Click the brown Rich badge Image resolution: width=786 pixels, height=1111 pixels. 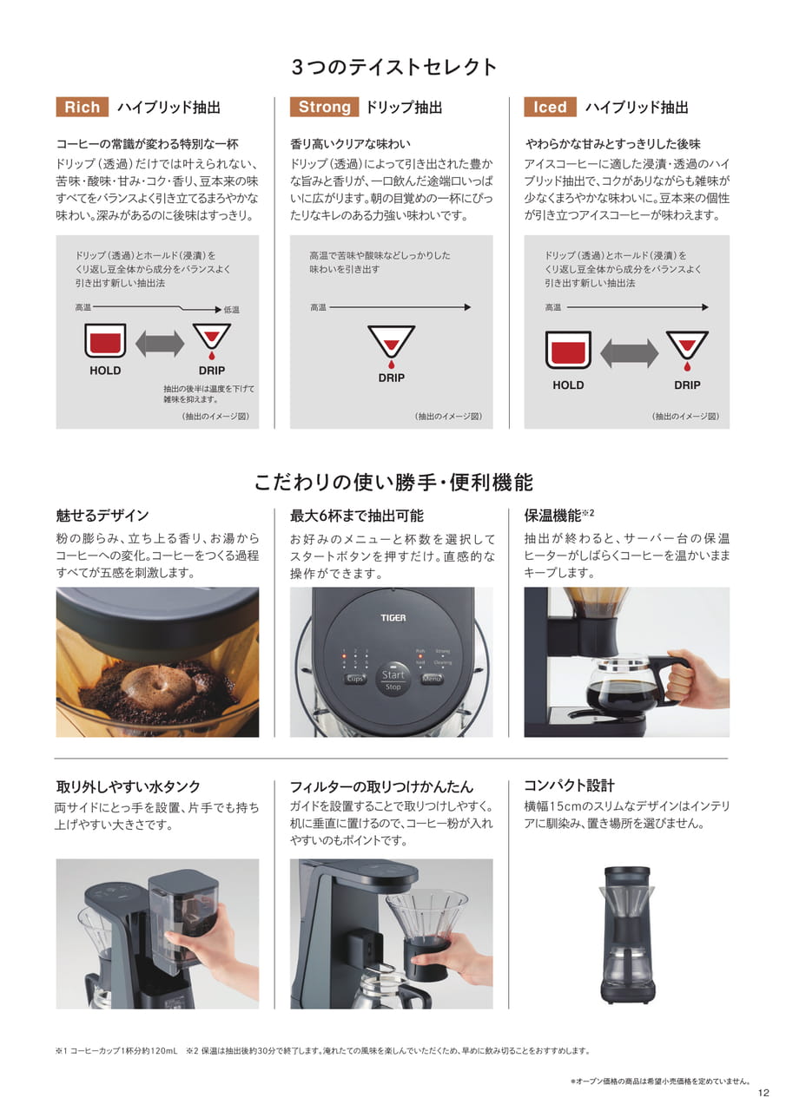point(83,107)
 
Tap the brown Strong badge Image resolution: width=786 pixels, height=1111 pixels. point(325,107)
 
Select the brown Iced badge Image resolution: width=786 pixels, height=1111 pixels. point(550,107)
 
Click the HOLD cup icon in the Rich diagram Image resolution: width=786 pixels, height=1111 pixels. point(105,340)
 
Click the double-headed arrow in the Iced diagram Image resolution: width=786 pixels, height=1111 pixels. point(629,353)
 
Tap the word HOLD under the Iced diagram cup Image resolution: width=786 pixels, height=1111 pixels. point(568,385)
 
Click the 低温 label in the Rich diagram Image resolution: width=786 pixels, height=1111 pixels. point(231,310)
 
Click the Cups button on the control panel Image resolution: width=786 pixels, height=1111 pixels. point(355,679)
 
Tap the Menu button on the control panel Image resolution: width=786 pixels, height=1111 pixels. point(431,679)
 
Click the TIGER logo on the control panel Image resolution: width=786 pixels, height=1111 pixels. point(393,617)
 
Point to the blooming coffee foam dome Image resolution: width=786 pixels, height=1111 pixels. point(158,686)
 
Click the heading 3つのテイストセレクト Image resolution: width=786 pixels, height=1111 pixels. point(393,67)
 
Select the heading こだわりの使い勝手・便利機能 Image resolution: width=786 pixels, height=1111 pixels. point(393,482)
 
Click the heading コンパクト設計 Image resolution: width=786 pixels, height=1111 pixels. point(569,786)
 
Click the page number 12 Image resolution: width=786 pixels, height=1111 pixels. point(763,1093)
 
